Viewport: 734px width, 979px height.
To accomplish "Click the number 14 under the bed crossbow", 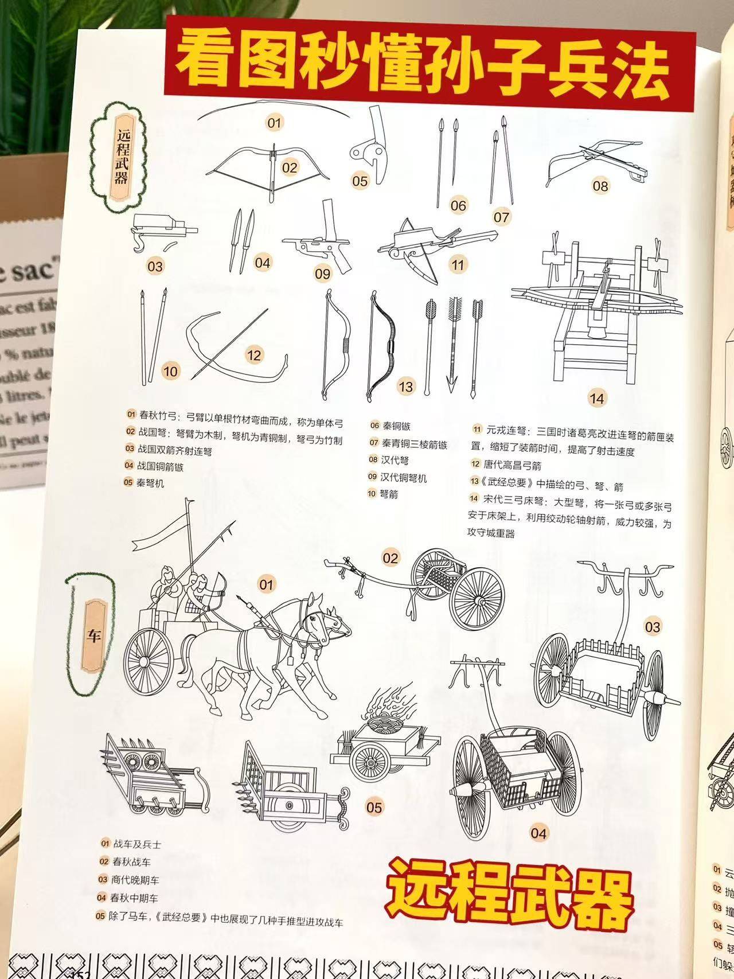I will [596, 397].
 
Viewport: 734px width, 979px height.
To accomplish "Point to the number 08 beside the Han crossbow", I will [600, 185].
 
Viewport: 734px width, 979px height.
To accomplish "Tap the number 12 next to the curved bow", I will [253, 355].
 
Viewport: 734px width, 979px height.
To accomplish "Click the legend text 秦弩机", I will [150, 483].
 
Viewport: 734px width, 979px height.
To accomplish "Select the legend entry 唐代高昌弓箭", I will [514, 465].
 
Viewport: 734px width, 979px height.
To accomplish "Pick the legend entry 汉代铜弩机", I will [404, 477].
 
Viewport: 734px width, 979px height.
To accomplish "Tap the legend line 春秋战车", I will [132, 877].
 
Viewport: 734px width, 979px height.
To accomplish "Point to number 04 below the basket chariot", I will [538, 832].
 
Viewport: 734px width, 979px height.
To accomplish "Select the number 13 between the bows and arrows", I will [406, 386].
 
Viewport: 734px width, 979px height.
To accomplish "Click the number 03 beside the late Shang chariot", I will [653, 626].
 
